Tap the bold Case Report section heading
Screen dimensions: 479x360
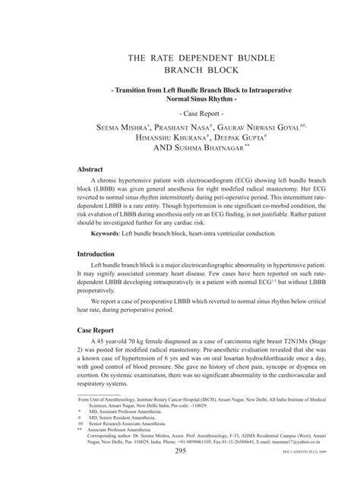(x=101, y=331)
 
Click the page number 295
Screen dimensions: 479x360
(x=180, y=451)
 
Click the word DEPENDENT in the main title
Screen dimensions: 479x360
(x=185, y=58)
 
